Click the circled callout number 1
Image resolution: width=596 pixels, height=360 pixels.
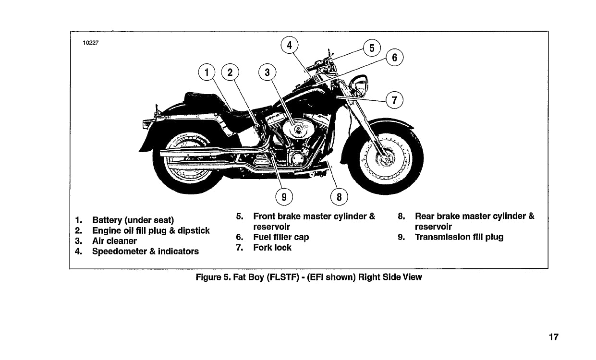click(207, 73)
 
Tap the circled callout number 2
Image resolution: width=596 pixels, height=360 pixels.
click(230, 73)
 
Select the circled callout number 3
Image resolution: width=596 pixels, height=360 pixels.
click(268, 73)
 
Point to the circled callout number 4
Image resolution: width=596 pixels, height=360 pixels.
click(289, 46)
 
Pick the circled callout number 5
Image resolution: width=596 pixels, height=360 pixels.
click(372, 48)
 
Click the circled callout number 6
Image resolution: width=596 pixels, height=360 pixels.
click(395, 58)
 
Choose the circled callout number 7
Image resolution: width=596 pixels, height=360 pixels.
click(394, 101)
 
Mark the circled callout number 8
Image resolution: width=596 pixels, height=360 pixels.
click(339, 197)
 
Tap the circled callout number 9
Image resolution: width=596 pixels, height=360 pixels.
click(284, 197)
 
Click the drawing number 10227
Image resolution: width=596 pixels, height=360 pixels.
click(91, 43)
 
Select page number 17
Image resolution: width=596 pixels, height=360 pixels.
click(554, 337)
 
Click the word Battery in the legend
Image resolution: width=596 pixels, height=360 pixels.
click(107, 220)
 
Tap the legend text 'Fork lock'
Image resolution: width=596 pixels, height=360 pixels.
click(272, 248)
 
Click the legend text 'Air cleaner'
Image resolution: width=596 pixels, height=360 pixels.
click(114, 241)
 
